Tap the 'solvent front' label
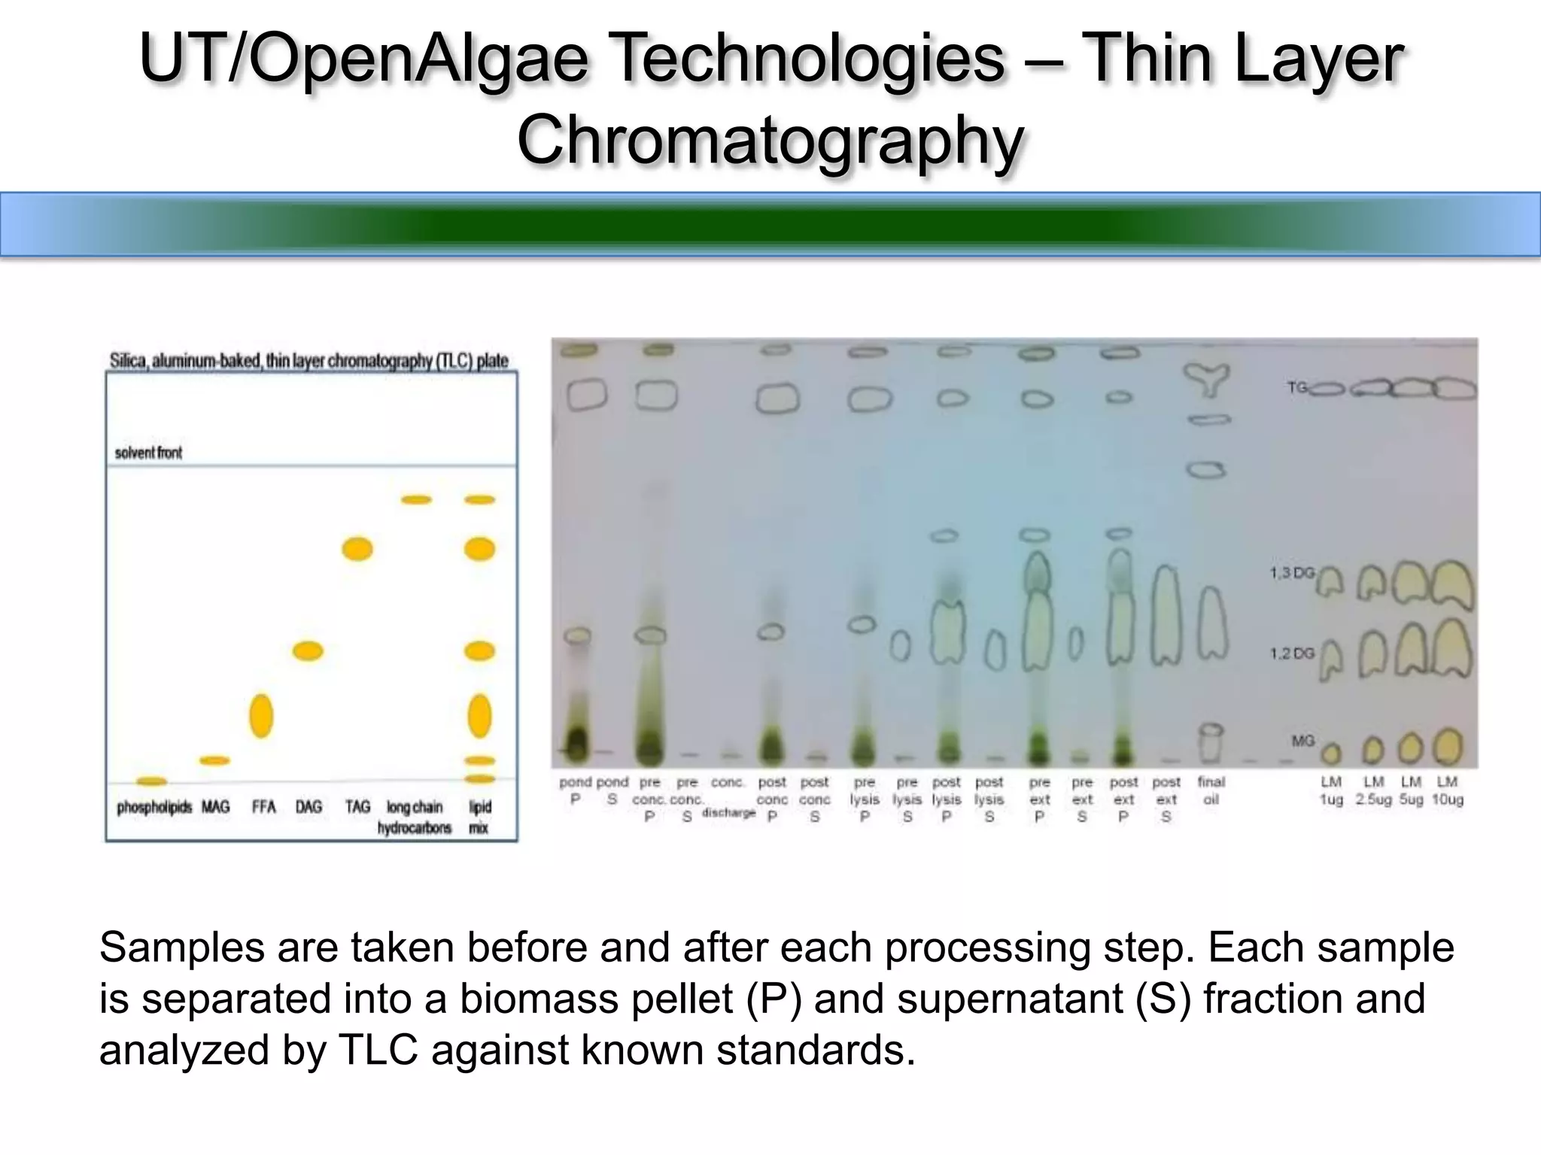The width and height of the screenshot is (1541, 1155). point(148,453)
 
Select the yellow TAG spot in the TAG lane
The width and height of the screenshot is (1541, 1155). point(357,549)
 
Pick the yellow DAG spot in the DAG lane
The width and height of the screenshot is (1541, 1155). point(308,650)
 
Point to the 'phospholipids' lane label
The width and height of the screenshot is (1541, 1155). point(154,807)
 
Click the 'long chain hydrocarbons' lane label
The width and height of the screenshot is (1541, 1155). point(415,817)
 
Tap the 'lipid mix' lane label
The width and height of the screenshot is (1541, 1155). point(479,817)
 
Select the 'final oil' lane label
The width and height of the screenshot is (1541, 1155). point(1211,790)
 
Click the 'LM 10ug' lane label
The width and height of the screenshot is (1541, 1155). point(1447,790)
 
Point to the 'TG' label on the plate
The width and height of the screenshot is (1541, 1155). point(1296,388)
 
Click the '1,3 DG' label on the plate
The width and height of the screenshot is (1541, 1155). point(1291,573)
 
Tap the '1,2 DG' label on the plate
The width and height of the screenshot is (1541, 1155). point(1291,653)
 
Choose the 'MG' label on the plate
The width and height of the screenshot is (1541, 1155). point(1302,741)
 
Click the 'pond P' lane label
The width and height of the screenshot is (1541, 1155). point(576,790)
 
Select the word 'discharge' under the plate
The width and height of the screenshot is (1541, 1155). point(728,813)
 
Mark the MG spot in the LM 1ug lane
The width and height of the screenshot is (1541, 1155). point(1330,752)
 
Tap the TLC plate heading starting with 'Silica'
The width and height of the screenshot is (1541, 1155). point(309,361)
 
